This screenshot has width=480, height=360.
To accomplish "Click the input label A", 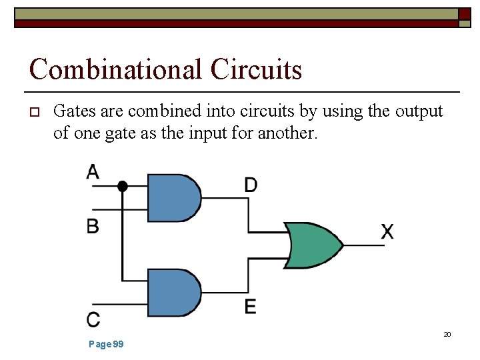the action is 93,172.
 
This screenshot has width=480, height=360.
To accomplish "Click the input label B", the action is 93,226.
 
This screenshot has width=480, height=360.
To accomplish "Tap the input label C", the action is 93,319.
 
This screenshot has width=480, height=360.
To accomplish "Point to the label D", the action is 251,185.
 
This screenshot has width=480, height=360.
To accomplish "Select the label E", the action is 250,307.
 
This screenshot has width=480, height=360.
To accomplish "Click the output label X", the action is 387,232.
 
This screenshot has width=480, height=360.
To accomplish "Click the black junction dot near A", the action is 122,186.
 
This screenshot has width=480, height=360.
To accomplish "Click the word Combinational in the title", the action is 115,69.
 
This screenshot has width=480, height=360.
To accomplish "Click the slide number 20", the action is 447,334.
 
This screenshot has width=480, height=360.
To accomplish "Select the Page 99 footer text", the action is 106,344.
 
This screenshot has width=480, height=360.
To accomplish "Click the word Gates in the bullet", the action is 73,111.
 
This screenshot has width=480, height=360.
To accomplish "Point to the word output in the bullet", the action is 419,111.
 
